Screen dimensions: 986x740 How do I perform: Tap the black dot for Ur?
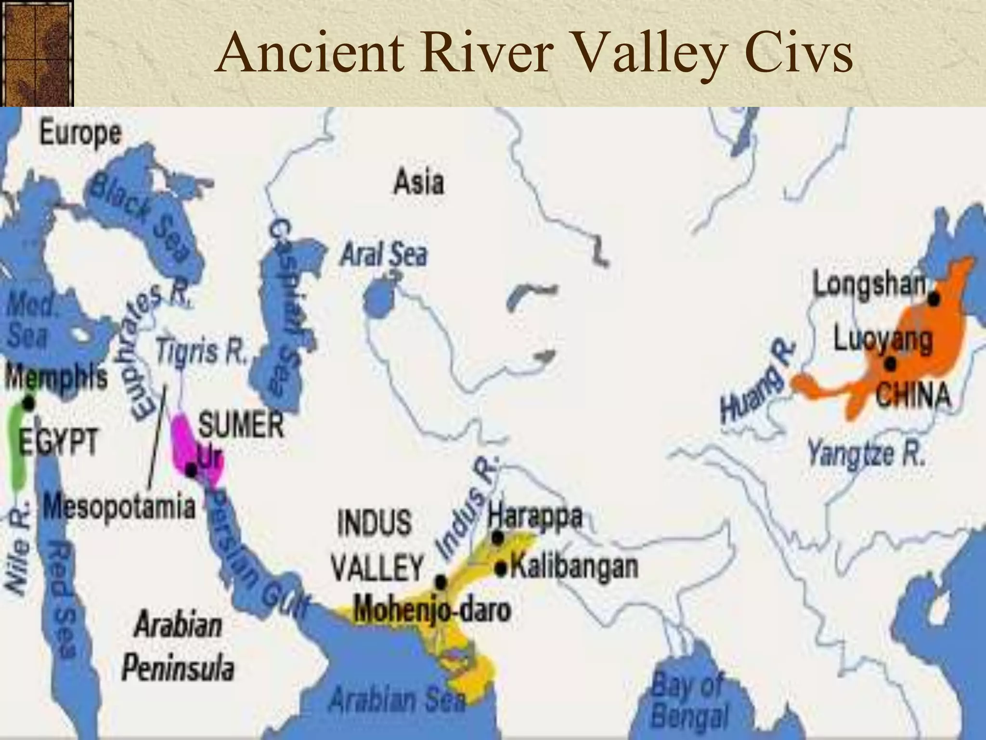191,471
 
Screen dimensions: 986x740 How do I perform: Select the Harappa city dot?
498,537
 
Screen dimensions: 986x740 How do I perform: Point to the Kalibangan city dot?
502,569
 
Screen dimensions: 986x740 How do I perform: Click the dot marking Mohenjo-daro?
441,582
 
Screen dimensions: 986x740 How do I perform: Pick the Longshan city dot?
934,299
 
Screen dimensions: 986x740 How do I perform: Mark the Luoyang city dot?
891,364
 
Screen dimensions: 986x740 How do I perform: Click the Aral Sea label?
383,254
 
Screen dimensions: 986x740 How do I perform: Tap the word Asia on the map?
418,183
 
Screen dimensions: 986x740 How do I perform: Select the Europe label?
80,133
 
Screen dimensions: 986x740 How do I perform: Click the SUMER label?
241,424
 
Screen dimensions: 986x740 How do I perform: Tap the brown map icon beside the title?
37,53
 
